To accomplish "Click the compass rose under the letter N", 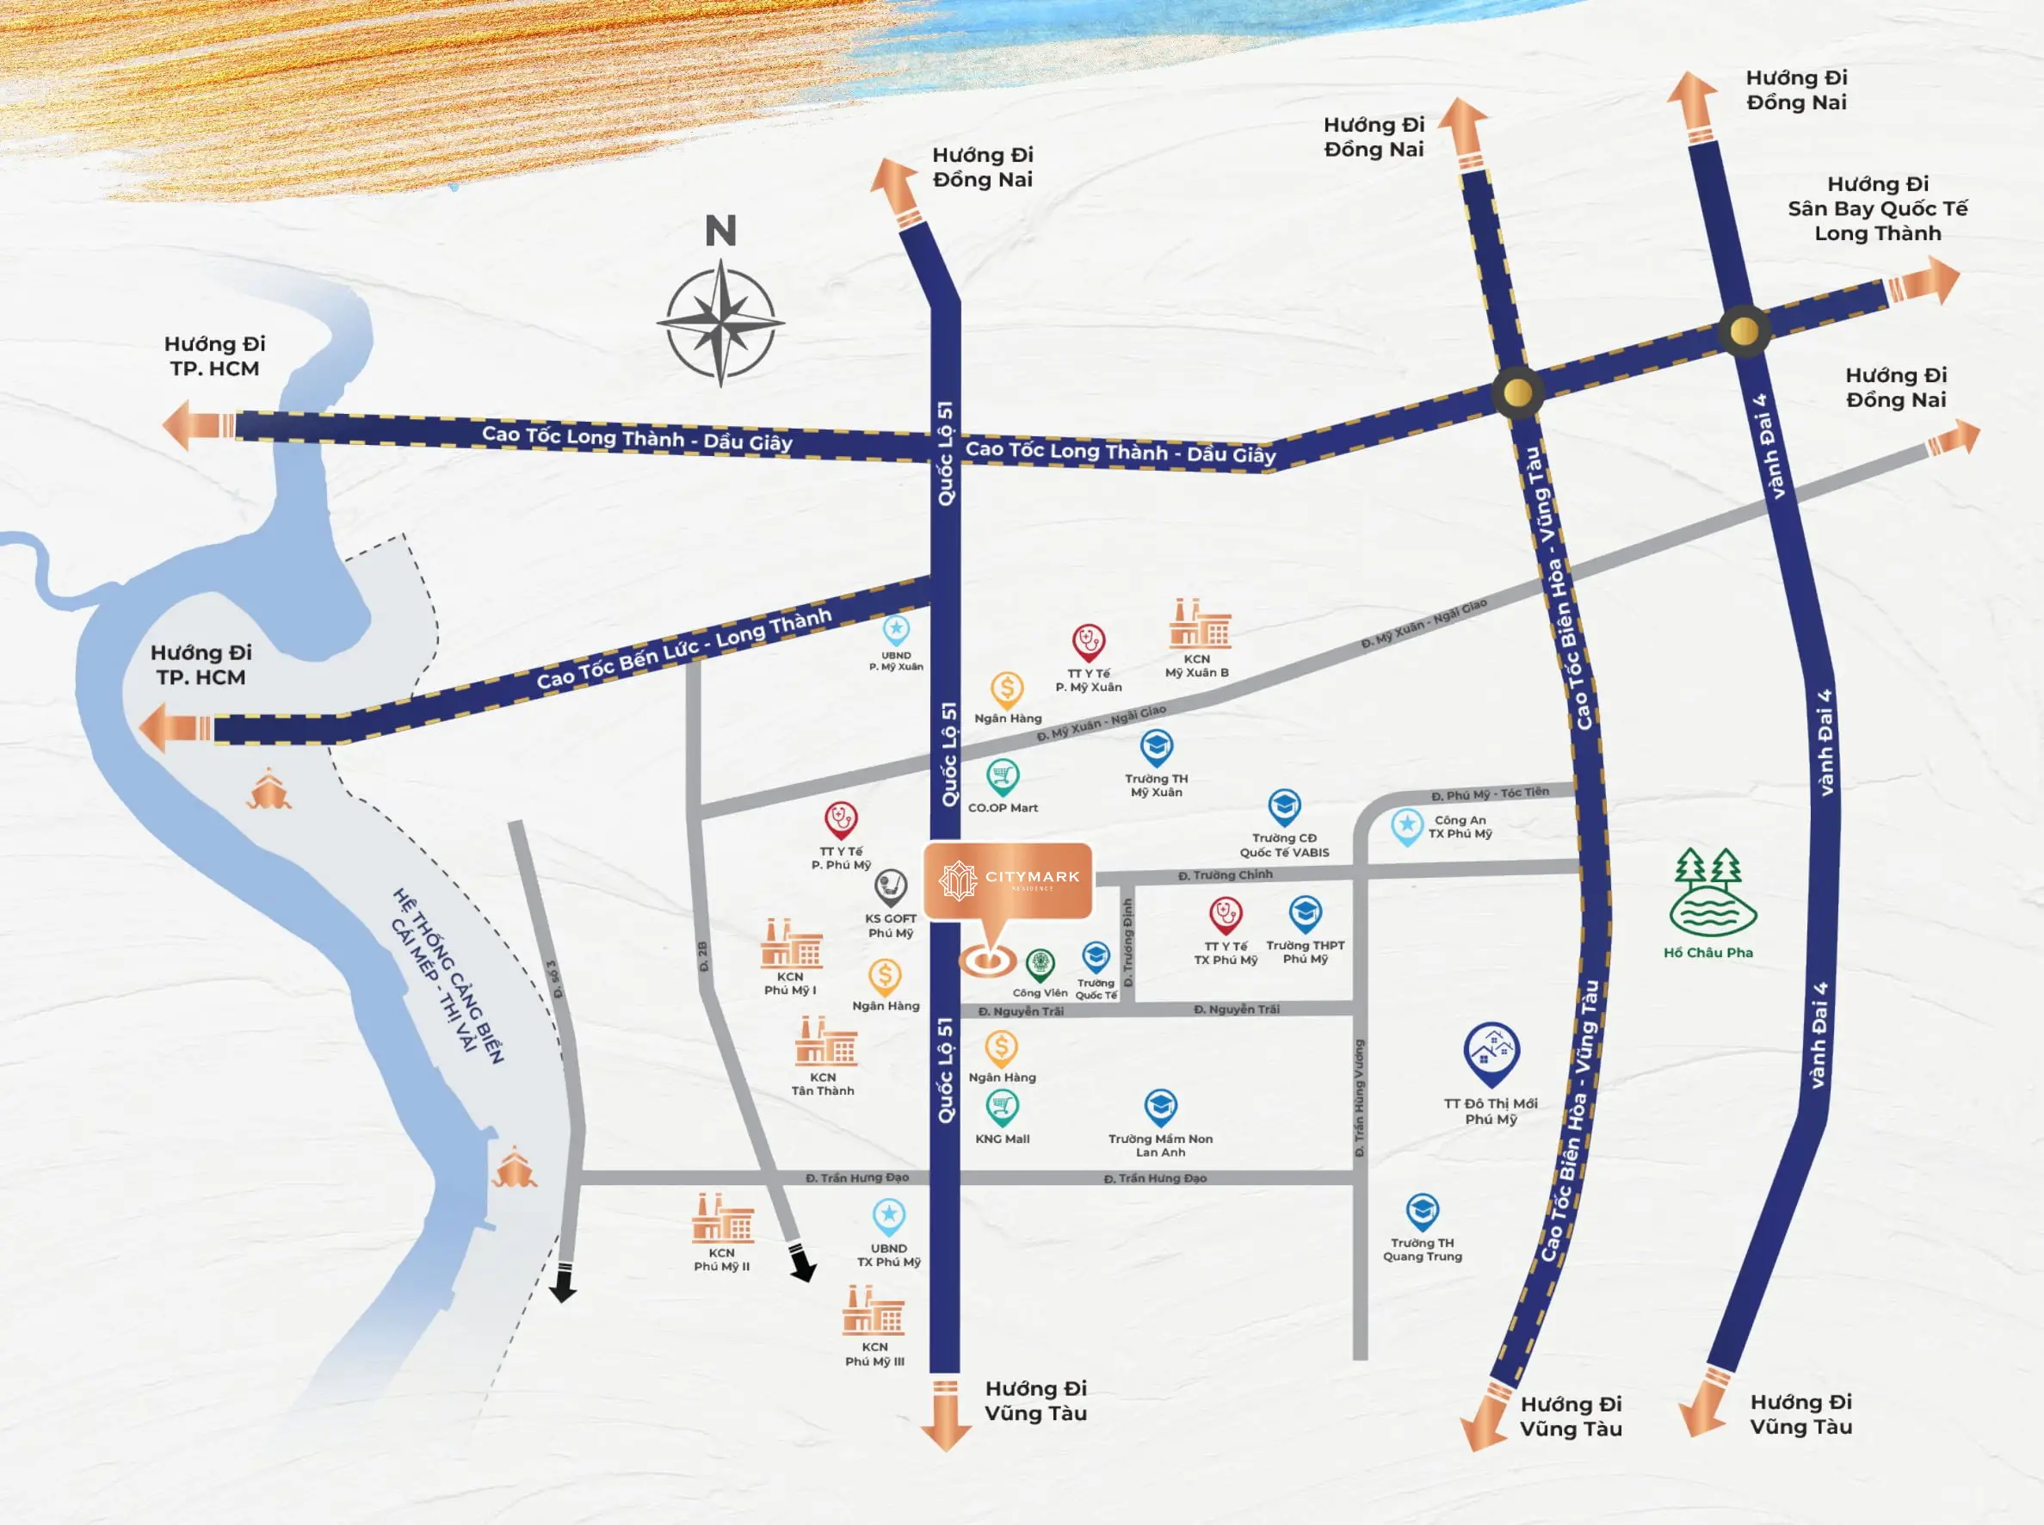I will point(720,323).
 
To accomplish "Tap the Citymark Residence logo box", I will point(1008,880).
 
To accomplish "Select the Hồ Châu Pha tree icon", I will point(1711,892).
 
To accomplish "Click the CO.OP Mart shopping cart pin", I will point(1003,776).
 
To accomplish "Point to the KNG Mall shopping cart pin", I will point(1002,1107).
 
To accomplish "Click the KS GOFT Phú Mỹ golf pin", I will point(891,887).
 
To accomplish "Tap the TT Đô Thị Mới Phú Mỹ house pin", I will point(1491,1053).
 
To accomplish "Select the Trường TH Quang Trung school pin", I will point(1422,1211).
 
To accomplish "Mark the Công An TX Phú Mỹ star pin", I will point(1407,825).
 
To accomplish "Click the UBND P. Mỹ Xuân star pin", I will point(896,630).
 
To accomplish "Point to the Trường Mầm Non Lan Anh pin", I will point(1160,1107).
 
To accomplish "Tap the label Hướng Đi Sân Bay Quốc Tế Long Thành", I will point(1877,208).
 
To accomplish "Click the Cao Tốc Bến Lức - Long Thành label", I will point(684,648).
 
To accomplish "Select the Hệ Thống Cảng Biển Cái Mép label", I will point(448,975).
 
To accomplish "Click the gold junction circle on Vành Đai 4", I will point(1743,330).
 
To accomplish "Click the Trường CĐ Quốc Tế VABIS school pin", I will point(1284,806).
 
